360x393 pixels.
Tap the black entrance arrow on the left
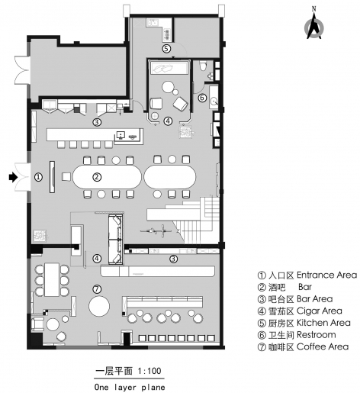click(x=12, y=177)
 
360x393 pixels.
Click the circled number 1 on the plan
click(x=38, y=177)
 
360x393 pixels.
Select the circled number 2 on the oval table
click(x=97, y=177)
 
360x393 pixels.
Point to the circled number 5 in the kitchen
click(x=166, y=48)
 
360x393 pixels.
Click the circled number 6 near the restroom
click(x=202, y=98)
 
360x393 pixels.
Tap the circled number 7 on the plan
click(x=97, y=289)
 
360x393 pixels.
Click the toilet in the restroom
click(x=204, y=66)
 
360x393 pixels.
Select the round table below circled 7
click(x=99, y=306)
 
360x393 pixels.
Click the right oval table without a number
click(x=170, y=177)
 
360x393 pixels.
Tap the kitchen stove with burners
click(x=167, y=35)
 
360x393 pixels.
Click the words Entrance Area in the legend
click(x=326, y=275)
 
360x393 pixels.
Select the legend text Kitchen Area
click(x=323, y=323)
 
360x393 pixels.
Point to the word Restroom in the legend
click(x=316, y=335)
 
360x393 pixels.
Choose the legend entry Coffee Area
click(x=323, y=346)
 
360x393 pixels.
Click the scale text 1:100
click(x=149, y=371)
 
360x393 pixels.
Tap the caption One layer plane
click(x=130, y=387)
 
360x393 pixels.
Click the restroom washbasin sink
click(x=214, y=101)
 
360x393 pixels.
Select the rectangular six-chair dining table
click(x=52, y=280)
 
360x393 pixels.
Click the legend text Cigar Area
click(x=320, y=311)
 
